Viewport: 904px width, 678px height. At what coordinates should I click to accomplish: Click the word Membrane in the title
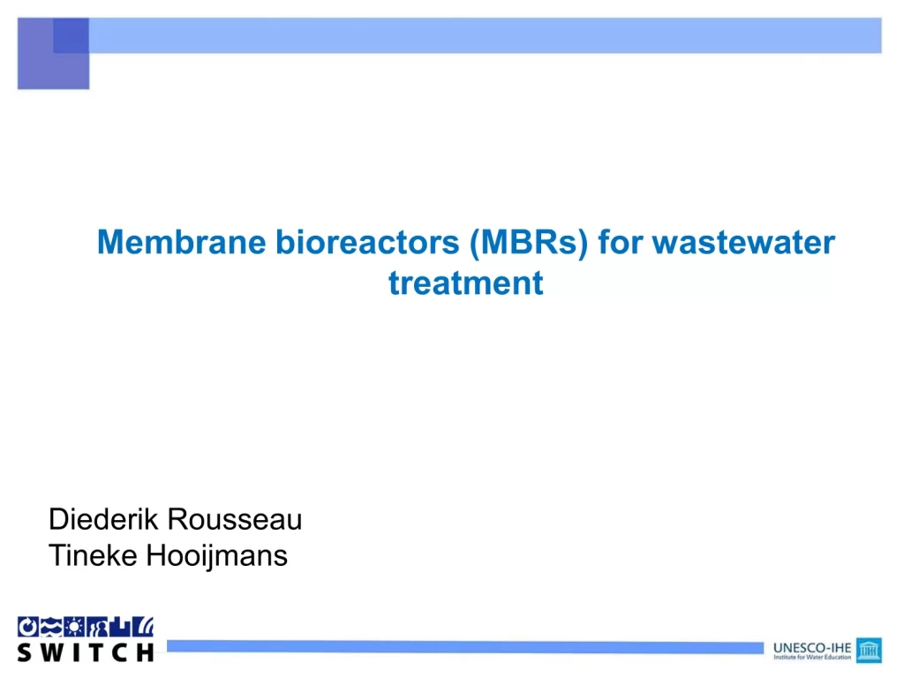181,242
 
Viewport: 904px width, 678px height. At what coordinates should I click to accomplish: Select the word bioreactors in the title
367,242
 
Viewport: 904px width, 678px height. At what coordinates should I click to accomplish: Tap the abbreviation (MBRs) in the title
529,242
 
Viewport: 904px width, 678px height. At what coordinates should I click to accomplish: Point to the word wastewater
743,242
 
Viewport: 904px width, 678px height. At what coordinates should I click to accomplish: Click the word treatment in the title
466,283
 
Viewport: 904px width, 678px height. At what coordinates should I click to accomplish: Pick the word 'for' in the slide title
621,242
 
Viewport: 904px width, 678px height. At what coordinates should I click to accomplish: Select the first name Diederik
103,519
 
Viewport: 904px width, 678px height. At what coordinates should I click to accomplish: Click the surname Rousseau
235,519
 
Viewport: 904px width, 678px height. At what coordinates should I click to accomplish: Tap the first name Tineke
93,555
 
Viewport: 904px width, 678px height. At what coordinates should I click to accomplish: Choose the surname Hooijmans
217,556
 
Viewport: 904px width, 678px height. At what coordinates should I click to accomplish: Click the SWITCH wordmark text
86,652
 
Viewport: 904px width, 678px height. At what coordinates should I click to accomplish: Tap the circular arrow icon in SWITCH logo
27,627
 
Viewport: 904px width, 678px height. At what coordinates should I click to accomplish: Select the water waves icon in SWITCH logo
51,627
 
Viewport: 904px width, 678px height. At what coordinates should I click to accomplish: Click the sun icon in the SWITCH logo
74,627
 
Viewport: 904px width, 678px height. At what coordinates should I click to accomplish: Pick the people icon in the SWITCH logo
97,627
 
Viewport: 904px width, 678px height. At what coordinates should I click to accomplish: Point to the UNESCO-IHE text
812,648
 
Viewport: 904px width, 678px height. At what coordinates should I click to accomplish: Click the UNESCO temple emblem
869,651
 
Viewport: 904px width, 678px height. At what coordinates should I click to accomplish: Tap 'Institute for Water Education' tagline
812,657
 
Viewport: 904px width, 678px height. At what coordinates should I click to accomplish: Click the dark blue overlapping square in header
71,35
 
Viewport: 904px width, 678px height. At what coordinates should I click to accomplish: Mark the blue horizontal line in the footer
465,647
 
